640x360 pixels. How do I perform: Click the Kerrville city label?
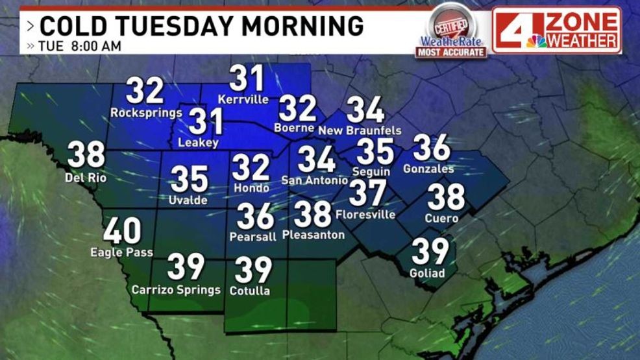pos(243,100)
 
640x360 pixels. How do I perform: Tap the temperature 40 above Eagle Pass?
pos(122,231)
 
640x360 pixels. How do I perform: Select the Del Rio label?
pos(85,177)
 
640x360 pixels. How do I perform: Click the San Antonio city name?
pos(314,180)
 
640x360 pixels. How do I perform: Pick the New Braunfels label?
pos(360,130)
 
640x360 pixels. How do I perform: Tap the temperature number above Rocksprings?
pos(145,91)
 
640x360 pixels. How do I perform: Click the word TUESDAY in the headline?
pos(166,26)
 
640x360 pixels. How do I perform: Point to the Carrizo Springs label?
pos(176,289)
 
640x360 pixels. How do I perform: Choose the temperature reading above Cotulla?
pos(253,270)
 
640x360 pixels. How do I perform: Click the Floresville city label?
pos(365,214)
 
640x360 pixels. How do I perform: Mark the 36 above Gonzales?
pos(431,148)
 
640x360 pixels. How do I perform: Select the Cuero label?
pos(441,218)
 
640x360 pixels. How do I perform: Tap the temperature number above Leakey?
pos(206,122)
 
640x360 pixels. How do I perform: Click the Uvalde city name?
pos(189,200)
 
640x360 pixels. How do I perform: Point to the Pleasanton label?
pos(314,234)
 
